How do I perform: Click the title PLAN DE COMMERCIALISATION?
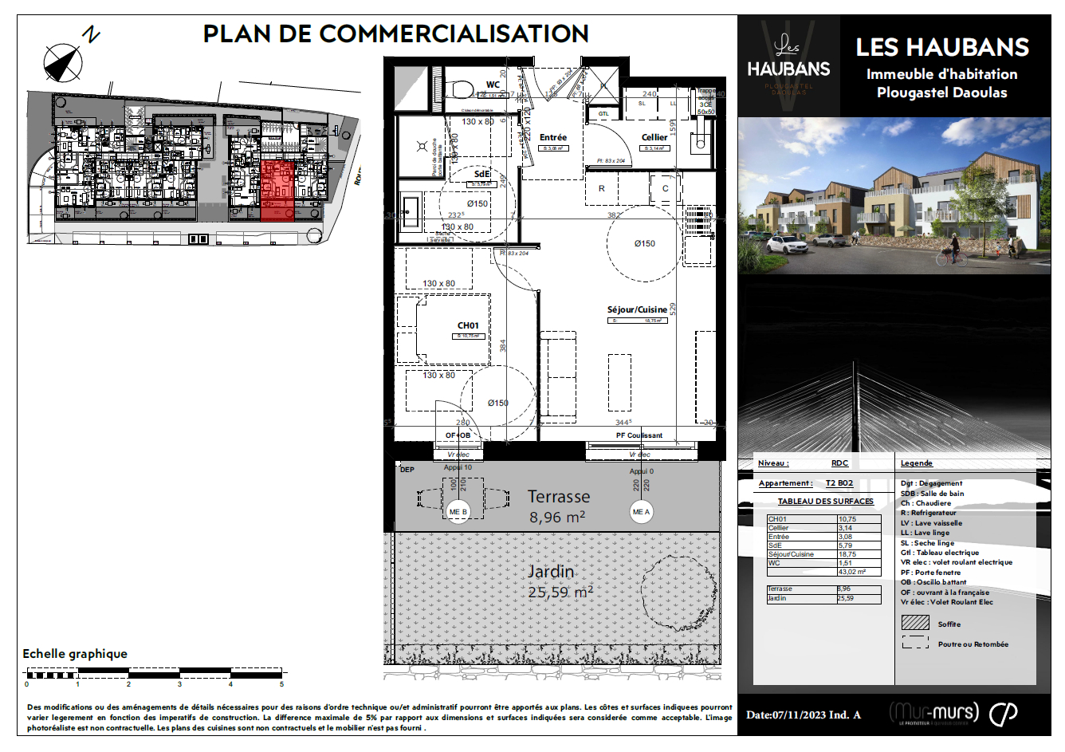395,34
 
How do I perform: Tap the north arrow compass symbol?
63,63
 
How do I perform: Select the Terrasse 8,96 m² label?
558,506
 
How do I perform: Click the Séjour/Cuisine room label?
637,309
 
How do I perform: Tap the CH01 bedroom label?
468,325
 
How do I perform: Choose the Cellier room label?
654,137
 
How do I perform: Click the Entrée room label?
553,137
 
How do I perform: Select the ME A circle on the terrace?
641,512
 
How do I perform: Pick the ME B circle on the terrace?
458,512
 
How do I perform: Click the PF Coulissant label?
639,435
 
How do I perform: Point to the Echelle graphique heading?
75,654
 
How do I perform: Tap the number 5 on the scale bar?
281,684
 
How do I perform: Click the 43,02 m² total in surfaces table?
851,572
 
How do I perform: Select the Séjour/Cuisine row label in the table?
790,554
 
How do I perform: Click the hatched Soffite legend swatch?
915,622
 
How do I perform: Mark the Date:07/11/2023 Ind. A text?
803,715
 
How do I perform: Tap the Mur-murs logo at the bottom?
934,712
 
